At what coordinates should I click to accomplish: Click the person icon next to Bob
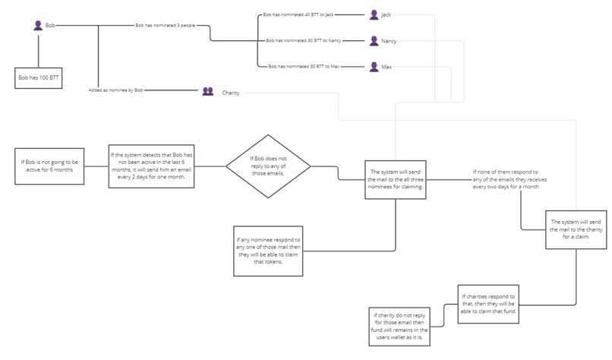pyautogui.click(x=37, y=26)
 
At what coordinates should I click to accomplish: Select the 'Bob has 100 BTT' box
pyautogui.click(x=38, y=77)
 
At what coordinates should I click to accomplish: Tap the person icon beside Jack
pyautogui.click(x=374, y=14)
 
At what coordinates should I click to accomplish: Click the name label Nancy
pyautogui.click(x=389, y=41)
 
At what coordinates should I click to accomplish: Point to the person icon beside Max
pyautogui.click(x=374, y=67)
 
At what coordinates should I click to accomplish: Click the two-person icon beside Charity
pyautogui.click(x=208, y=92)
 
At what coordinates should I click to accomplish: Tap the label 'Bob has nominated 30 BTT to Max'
pyautogui.click(x=304, y=67)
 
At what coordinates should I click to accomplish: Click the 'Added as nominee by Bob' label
pyautogui.click(x=115, y=90)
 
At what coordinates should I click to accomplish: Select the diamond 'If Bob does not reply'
pyautogui.click(x=257, y=166)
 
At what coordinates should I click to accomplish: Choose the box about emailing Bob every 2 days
pyautogui.click(x=153, y=166)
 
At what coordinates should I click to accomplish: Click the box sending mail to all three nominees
pyautogui.click(x=396, y=178)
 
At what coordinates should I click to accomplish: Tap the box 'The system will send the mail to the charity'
pyautogui.click(x=577, y=229)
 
